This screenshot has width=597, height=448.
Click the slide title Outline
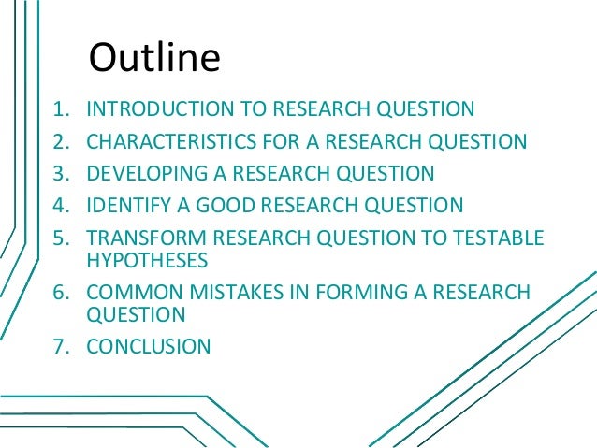click(x=154, y=58)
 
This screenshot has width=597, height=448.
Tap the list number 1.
click(x=59, y=110)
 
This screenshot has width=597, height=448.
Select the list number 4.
click(x=59, y=205)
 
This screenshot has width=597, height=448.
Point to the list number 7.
click(x=59, y=347)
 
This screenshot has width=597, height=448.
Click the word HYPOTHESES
click(x=147, y=260)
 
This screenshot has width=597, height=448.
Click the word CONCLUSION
click(x=149, y=347)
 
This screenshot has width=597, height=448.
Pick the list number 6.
click(x=59, y=294)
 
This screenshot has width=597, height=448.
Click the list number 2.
click(x=59, y=142)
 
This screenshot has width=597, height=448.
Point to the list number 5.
click(x=59, y=238)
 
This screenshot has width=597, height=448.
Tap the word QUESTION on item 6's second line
click(x=136, y=315)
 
